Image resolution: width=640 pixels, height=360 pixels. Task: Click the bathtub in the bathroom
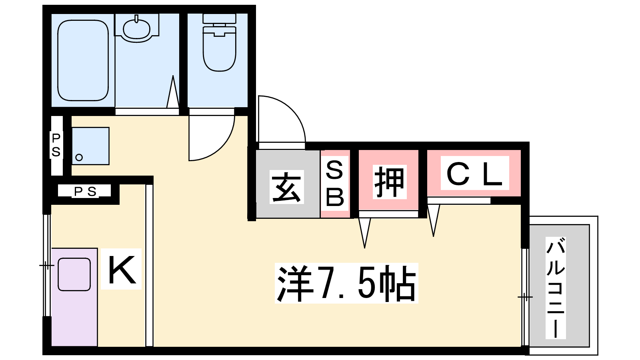(x=83, y=60)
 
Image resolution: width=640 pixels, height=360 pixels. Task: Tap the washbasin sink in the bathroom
(x=136, y=29)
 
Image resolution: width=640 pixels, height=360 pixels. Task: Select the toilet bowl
(x=219, y=50)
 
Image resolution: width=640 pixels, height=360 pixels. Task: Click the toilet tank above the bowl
(x=219, y=18)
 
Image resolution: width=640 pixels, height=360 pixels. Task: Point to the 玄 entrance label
(x=286, y=187)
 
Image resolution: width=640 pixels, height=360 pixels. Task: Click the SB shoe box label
(x=334, y=184)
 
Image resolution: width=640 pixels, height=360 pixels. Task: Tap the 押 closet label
(x=389, y=182)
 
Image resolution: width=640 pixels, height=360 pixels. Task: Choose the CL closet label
(x=474, y=174)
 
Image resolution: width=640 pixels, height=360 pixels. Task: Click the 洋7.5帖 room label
(x=346, y=283)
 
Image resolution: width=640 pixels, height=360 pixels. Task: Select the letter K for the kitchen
(x=121, y=269)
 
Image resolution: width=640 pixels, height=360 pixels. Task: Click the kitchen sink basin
(x=74, y=274)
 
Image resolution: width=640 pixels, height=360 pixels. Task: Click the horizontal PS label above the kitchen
(x=85, y=191)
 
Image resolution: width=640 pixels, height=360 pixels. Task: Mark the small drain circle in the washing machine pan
(x=79, y=157)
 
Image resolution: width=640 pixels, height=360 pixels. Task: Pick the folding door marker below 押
(x=364, y=232)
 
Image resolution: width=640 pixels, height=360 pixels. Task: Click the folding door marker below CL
(x=433, y=220)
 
